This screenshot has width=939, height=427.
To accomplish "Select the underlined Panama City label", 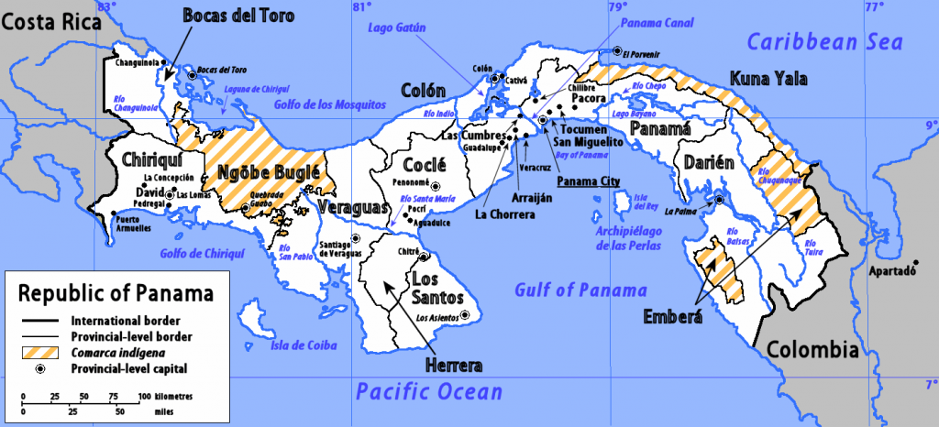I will coord(588,181).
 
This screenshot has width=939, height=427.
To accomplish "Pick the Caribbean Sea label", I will coord(823,41).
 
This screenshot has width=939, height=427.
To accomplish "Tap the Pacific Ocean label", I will coord(429,391).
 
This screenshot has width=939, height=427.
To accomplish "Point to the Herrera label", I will coord(453,366).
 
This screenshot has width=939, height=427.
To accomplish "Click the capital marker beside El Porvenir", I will coord(618,51).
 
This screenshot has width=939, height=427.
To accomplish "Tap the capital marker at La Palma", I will coord(720,200).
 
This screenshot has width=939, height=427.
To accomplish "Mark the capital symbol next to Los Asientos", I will coord(465,315).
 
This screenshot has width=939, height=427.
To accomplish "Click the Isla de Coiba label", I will coord(300,345).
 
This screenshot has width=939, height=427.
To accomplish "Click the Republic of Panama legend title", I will coord(116,295).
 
